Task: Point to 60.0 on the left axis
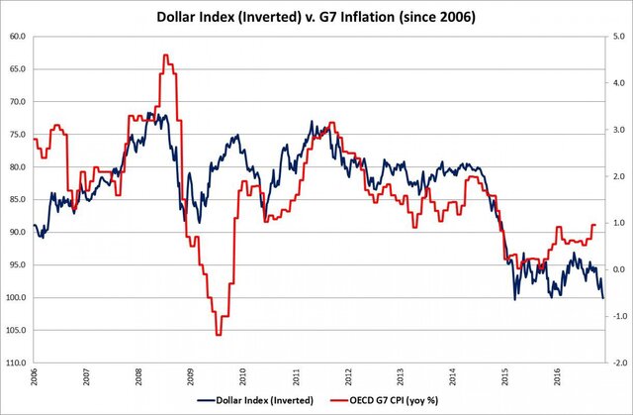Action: [x=17, y=37]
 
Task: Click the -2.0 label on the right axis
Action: [x=616, y=363]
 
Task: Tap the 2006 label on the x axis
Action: [x=35, y=378]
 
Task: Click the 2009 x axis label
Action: [x=191, y=378]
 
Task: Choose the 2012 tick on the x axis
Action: [x=347, y=378]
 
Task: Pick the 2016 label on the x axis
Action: [x=556, y=378]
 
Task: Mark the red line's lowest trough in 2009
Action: [x=219, y=335]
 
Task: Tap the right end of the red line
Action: [x=595, y=225]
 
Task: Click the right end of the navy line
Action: [x=603, y=297]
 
